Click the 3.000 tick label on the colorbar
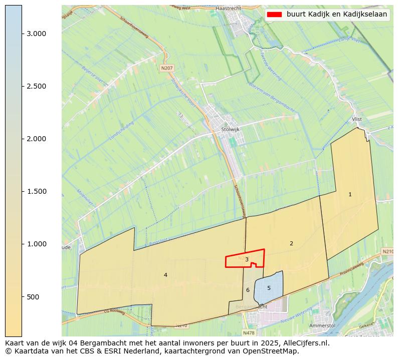37,34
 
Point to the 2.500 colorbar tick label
37,86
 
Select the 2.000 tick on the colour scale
37,139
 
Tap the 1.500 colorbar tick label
37,191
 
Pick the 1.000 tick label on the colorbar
37,244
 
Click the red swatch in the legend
274,15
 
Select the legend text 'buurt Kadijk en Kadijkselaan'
337,15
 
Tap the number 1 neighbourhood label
350,194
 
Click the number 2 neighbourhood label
291,243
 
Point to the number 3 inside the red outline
247,259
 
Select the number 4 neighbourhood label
165,275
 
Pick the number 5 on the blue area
269,288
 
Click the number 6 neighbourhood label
248,290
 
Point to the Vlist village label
357,119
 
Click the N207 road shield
167,68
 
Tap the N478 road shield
249,332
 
